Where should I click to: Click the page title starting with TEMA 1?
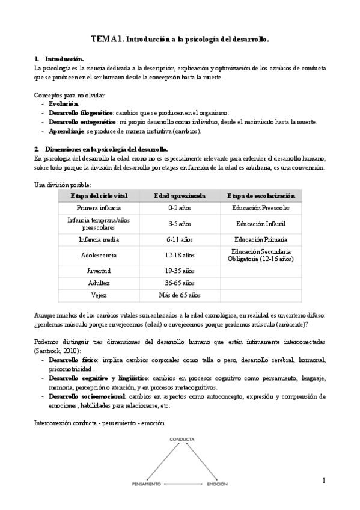[180, 39]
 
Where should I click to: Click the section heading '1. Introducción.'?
[59, 59]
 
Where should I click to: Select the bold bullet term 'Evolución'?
[64, 104]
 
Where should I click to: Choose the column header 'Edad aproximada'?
[180, 196]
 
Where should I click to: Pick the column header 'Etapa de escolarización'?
[261, 196]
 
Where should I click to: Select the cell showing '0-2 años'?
[180, 208]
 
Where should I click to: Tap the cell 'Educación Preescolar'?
[261, 208]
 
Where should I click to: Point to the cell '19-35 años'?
[180, 271]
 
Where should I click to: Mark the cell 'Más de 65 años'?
[180, 295]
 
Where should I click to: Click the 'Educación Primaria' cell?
[261, 239]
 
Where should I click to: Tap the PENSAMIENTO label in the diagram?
[146, 484]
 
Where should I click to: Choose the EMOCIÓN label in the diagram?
[217, 484]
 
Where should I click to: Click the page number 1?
[323, 480]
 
